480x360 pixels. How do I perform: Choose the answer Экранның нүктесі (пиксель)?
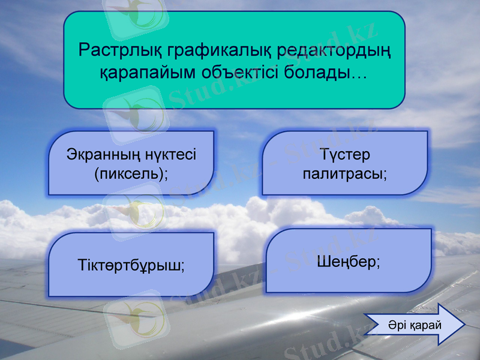point(131,163)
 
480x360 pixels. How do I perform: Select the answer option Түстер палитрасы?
point(345,163)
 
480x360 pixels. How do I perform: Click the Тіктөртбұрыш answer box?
point(131,265)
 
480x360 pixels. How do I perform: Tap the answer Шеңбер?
point(348,261)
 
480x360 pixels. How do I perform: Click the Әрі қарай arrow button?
point(414,325)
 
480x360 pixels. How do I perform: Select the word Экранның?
point(104,154)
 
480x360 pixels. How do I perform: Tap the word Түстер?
point(345,154)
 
